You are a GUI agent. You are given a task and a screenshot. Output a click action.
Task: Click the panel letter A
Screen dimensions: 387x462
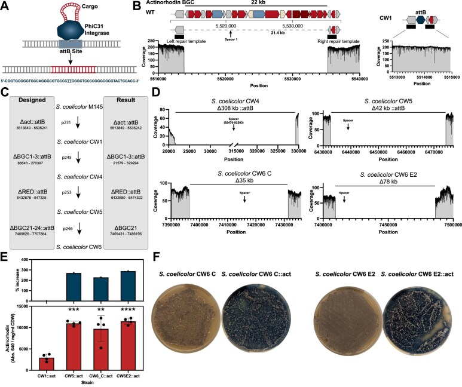coord(5,5)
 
